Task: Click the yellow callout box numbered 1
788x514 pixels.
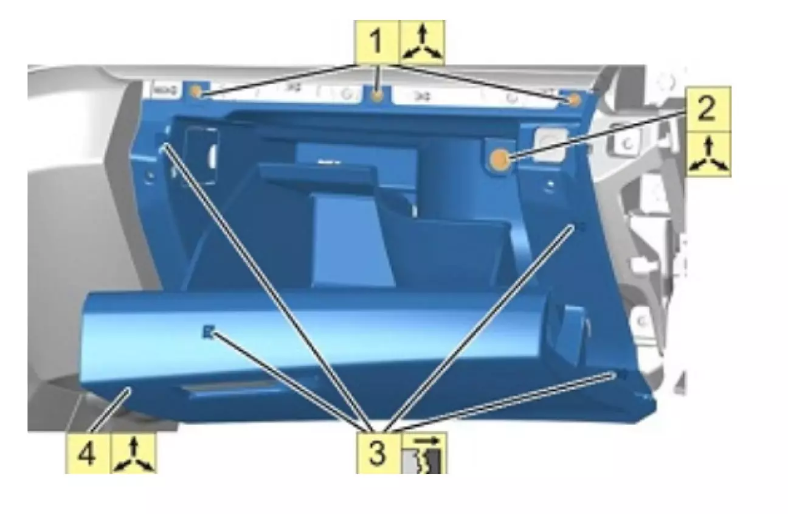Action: coord(377,43)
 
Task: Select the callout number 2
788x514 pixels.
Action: coord(708,109)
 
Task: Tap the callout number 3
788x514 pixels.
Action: coord(379,453)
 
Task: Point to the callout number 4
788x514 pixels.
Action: coord(87,453)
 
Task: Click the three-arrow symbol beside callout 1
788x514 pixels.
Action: coord(422,43)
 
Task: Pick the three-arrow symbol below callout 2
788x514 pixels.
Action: coord(709,155)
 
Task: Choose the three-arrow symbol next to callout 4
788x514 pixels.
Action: coord(133,453)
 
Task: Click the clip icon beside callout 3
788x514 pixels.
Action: coord(424,453)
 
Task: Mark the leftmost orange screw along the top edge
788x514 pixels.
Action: coord(196,92)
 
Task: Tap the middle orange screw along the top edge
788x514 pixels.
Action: coord(378,96)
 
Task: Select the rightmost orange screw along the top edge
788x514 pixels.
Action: coord(574,100)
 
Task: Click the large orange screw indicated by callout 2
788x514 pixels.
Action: coord(500,159)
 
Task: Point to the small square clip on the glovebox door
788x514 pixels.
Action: coord(208,332)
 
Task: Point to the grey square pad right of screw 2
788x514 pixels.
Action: coord(550,145)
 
